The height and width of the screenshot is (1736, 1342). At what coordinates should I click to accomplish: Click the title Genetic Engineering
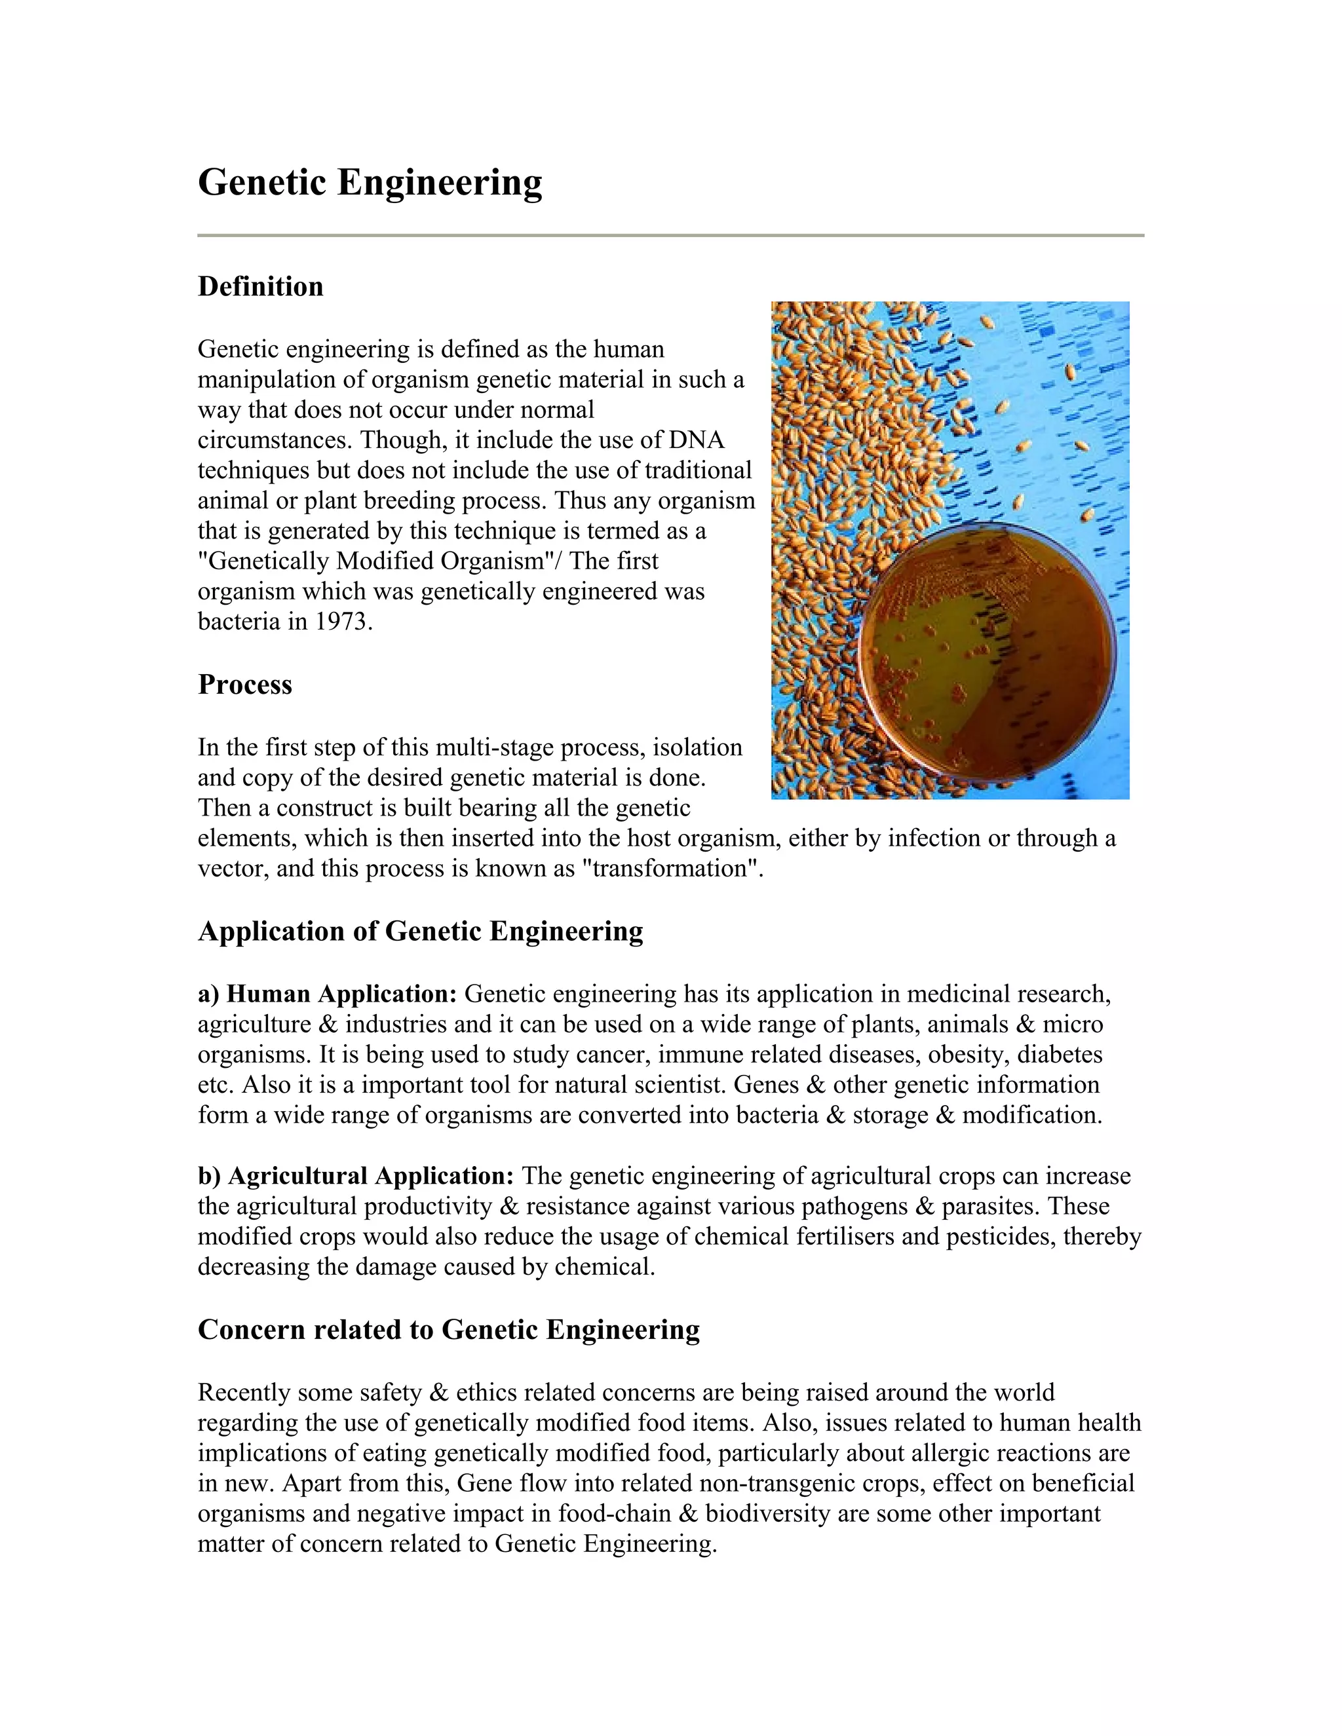(x=370, y=182)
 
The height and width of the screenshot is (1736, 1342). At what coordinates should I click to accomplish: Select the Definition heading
(x=261, y=286)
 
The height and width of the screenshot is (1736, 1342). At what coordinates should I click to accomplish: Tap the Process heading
(x=245, y=685)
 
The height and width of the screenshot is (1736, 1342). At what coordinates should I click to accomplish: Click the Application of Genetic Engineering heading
(x=421, y=931)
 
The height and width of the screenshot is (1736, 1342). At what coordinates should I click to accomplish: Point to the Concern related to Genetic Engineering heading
(x=448, y=1329)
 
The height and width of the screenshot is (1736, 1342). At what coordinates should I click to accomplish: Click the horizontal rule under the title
(x=671, y=235)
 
